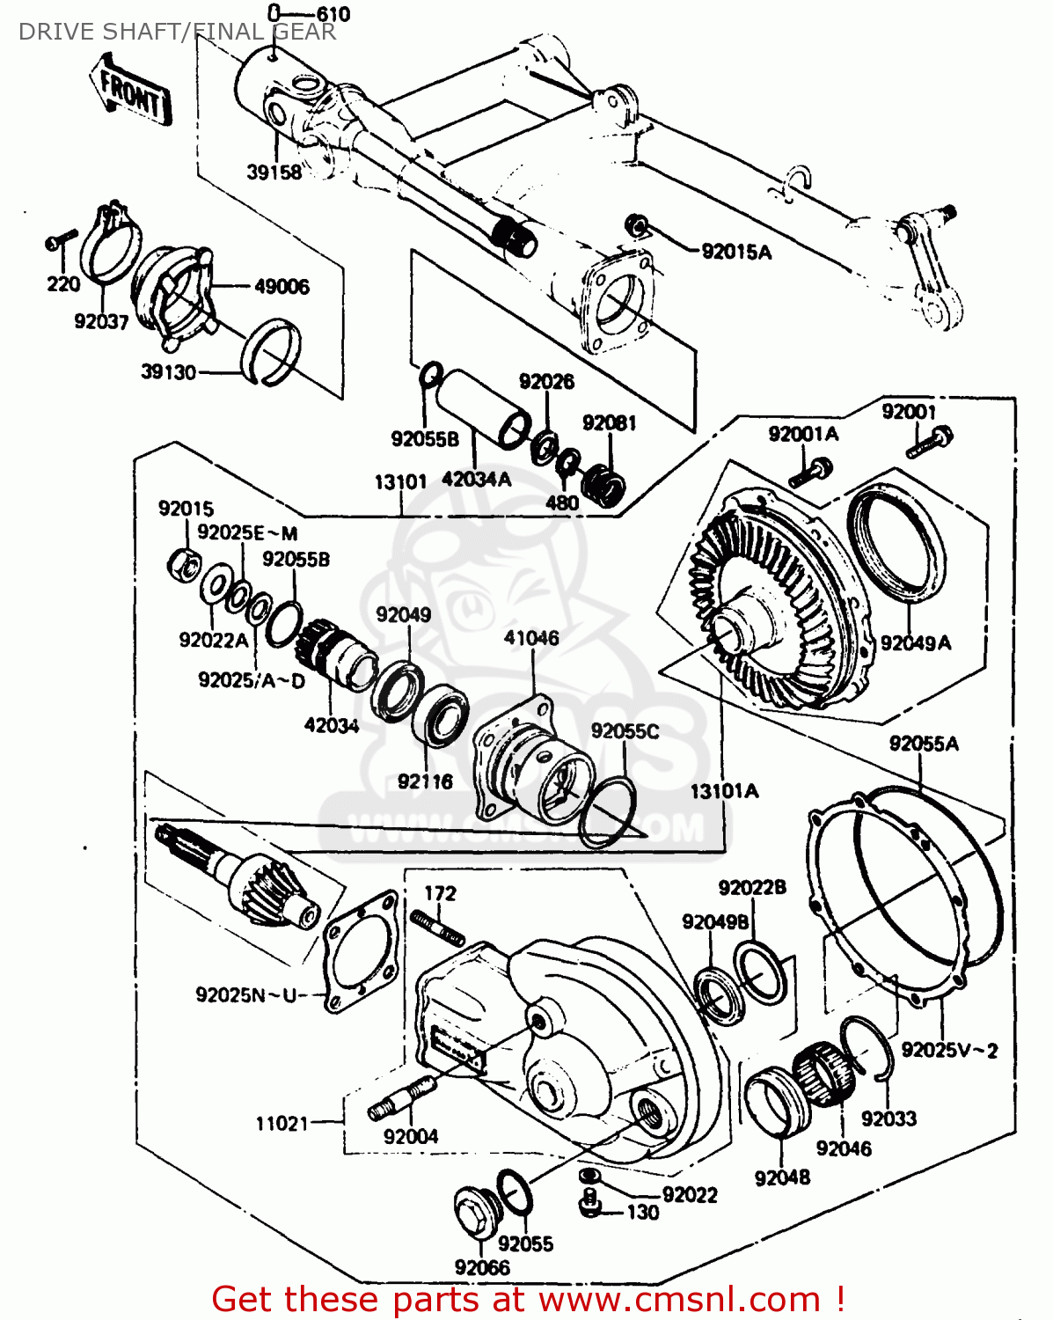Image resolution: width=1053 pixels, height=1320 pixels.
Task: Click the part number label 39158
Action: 274,172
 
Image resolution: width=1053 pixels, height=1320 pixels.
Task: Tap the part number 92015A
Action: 736,253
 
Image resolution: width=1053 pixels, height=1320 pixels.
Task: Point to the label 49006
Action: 282,287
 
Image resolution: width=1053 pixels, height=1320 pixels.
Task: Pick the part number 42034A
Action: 476,480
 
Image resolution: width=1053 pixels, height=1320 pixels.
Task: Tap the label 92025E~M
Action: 247,533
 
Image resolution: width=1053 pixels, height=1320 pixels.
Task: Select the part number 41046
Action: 531,638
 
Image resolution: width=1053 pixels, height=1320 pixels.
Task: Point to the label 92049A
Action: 916,643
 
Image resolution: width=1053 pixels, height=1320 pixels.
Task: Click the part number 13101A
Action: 724,791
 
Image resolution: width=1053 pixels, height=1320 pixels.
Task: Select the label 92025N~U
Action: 250,995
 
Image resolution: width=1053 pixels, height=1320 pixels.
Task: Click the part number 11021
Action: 282,1124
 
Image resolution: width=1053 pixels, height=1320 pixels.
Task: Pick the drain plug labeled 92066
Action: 478,1216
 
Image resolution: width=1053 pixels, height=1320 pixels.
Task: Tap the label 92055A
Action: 924,744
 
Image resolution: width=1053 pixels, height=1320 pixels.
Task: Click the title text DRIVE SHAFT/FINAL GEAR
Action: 177,33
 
